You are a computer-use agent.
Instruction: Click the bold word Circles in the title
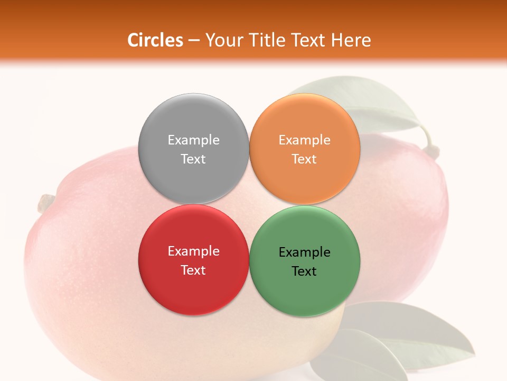155,40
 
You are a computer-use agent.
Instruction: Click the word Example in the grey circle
193,140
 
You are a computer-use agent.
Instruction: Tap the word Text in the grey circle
193,159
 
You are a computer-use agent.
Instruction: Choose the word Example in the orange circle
304,140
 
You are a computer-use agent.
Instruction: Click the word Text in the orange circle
304,159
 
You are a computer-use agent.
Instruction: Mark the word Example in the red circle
193,251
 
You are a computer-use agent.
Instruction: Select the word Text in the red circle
193,270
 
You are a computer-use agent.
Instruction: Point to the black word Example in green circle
304,252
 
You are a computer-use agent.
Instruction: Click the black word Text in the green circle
304,271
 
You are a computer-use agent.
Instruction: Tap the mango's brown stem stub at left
46,203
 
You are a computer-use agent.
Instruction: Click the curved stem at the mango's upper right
430,143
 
